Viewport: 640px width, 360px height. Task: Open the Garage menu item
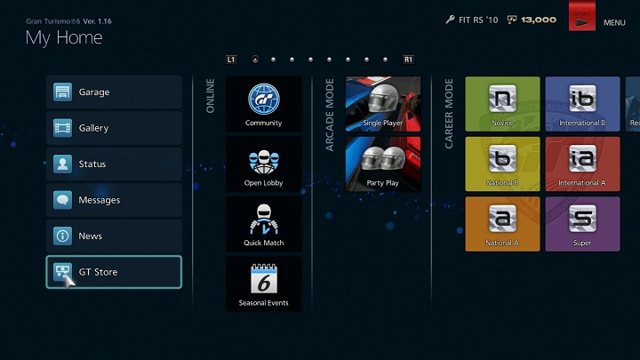114,92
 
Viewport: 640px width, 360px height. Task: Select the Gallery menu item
114,128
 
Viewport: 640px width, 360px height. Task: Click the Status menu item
114,164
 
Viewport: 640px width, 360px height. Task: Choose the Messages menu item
114,200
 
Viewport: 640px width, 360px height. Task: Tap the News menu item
114,236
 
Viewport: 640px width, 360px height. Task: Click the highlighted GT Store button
114,272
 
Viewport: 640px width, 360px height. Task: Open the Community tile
264,104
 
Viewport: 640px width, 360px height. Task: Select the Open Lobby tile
264,164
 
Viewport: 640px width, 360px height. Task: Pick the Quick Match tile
264,224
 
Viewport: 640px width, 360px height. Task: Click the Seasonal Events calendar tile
264,284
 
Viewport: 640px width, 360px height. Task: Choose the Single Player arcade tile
382,104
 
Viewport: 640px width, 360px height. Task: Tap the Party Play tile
382,164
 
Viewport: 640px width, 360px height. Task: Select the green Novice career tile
502,104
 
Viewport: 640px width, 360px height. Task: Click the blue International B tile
582,104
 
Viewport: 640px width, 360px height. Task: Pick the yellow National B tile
502,164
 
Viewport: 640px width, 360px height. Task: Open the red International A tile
582,164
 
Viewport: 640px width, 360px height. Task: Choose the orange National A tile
502,224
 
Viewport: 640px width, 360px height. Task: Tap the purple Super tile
582,224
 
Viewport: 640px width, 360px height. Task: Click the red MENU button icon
582,20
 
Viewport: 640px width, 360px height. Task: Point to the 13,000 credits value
539,20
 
